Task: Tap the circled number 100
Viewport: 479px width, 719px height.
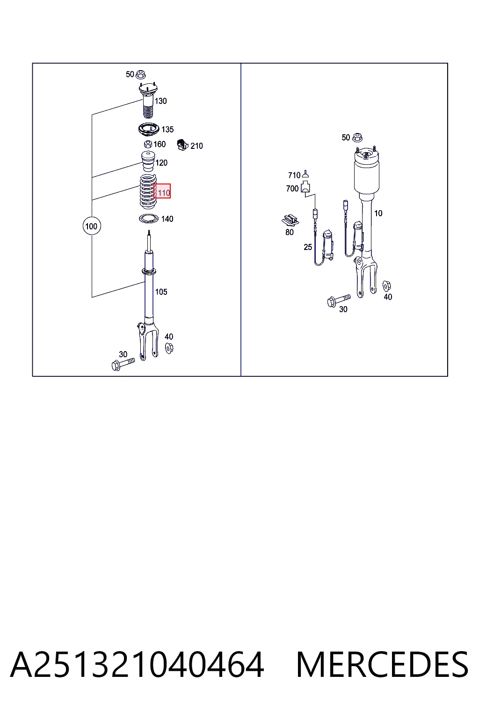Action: (x=92, y=226)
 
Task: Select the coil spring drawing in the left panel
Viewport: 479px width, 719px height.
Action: (x=147, y=191)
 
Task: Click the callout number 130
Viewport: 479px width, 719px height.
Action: (x=161, y=101)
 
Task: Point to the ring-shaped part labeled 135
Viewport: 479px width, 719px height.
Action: (x=149, y=129)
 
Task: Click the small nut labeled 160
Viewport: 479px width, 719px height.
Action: (x=148, y=144)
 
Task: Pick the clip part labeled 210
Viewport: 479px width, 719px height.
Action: (x=182, y=145)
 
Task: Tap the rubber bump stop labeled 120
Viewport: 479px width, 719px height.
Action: (x=148, y=161)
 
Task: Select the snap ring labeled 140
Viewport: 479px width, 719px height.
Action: (x=149, y=219)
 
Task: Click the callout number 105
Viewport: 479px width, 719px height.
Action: (x=161, y=292)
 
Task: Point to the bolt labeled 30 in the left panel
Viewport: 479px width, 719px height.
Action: (x=123, y=364)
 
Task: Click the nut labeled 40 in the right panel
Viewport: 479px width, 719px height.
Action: (x=386, y=286)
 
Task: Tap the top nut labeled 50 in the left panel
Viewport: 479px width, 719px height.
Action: (x=140, y=74)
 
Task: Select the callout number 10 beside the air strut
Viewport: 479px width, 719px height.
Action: (x=378, y=213)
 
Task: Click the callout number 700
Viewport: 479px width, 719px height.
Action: (x=292, y=189)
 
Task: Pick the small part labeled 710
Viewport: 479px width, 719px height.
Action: (x=305, y=174)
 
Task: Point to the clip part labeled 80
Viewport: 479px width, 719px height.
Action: (x=290, y=220)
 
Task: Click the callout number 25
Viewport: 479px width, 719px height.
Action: (x=308, y=247)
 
